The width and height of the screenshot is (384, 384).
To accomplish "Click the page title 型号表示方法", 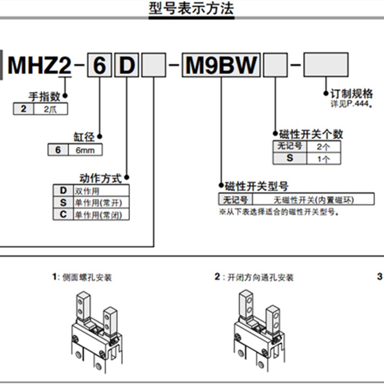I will tap(192, 9).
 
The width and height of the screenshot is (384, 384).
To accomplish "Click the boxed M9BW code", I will tap(221, 66).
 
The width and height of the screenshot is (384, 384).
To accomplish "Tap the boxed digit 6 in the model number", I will tap(99, 66).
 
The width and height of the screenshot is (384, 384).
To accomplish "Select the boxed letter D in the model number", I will tap(127, 66).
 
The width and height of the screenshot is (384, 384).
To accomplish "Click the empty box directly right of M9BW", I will tap(276, 66).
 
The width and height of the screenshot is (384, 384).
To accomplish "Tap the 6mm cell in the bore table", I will tap(85, 150).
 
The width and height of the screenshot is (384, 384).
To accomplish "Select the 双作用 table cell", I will tap(101, 190).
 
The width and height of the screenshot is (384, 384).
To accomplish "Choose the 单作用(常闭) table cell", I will tap(101, 215).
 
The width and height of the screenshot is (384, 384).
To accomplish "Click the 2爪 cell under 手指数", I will tap(50, 109).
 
